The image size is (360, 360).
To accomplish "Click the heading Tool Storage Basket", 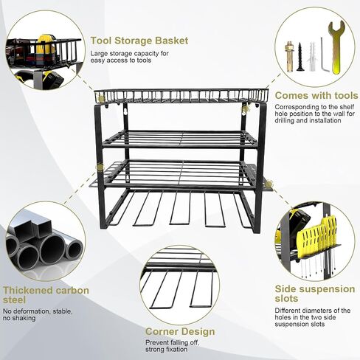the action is click(x=139, y=41).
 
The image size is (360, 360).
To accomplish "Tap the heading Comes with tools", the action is click(x=316, y=95).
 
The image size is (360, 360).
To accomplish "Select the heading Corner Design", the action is click(x=180, y=331).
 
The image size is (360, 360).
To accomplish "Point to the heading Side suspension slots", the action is click(x=315, y=294).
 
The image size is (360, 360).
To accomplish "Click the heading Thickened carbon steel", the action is click(x=46, y=295).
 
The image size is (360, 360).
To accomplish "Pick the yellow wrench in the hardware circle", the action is click(x=336, y=46).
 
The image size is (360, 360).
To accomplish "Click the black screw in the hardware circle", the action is click(x=300, y=57).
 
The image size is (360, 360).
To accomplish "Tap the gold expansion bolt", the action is click(x=289, y=57).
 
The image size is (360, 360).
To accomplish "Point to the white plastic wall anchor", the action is click(x=312, y=57).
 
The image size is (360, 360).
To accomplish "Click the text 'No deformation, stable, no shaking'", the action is click(x=38, y=315).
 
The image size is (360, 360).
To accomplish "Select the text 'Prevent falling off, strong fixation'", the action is click(x=172, y=346).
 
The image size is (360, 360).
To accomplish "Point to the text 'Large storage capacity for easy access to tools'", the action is click(x=129, y=57).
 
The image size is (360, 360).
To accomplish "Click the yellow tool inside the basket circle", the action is click(x=46, y=47).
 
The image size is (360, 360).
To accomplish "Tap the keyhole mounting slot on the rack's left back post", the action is click(x=125, y=112).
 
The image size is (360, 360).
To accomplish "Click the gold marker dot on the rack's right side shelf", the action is click(x=269, y=183).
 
